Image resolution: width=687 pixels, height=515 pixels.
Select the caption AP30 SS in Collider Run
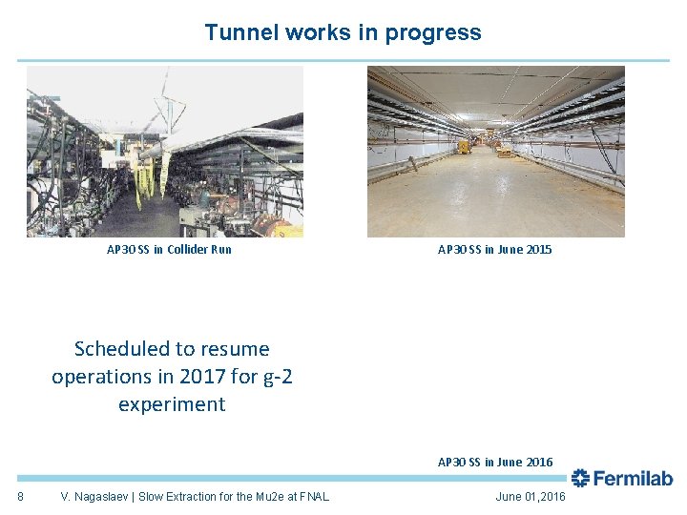click(x=169, y=250)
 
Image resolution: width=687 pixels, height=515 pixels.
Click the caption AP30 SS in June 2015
click(x=494, y=250)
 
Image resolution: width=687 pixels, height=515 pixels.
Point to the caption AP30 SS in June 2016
click(x=494, y=463)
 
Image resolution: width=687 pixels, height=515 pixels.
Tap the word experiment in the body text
click(x=172, y=404)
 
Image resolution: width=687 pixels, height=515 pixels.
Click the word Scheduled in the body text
click(x=123, y=349)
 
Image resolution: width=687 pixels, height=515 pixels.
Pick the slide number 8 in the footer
click(x=21, y=497)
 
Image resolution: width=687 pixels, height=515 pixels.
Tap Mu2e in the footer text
click(x=270, y=497)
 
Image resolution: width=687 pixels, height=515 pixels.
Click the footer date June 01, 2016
click(x=531, y=497)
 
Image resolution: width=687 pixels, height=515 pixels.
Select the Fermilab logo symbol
click(x=580, y=479)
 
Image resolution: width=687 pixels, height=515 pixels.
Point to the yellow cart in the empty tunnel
click(x=465, y=146)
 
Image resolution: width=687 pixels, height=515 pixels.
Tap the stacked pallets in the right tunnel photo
click(x=504, y=150)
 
